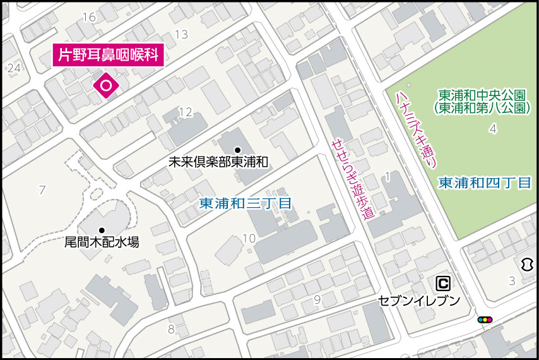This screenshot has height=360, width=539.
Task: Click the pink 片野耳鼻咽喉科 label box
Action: click(108, 55)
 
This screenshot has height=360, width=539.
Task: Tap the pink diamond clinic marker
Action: click(105, 85)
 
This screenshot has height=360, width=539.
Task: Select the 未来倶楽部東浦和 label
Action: click(218, 162)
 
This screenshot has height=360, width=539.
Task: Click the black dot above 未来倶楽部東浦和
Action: click(237, 150)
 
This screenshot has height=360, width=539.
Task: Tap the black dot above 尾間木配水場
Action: click(101, 230)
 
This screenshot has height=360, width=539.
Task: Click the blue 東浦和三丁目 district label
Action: click(245, 204)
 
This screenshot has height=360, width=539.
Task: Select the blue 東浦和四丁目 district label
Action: click(485, 183)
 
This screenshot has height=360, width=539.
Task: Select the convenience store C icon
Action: click(444, 283)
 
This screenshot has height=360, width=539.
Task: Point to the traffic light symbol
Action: click(485, 320)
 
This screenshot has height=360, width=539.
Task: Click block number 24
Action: click(14, 68)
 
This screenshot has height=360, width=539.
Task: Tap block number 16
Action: click(88, 17)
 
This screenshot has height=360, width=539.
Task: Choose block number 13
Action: click(181, 34)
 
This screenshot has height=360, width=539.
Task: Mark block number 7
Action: click(42, 189)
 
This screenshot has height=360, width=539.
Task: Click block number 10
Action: click(249, 238)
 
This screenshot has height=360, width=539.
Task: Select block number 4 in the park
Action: click(492, 129)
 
